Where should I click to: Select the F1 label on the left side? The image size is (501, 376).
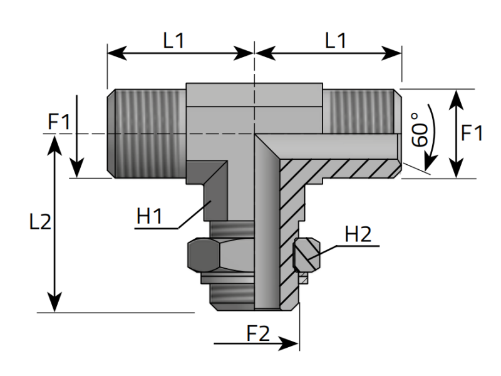(60, 122)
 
